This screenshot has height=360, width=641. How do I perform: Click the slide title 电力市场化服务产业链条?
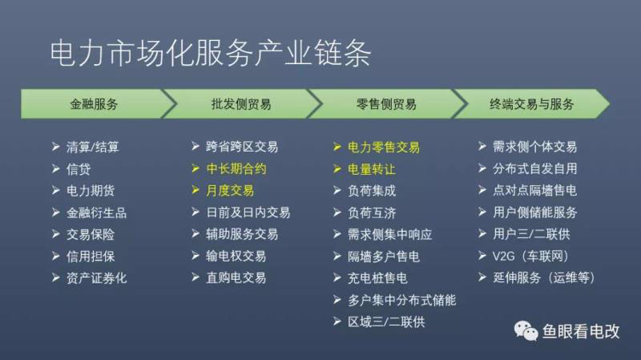(211, 54)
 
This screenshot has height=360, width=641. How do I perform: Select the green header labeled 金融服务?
(95, 104)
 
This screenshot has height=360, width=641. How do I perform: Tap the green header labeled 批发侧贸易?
(241, 104)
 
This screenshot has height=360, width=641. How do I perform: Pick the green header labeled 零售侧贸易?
(386, 104)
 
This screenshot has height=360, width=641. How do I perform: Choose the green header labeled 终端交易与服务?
(531, 104)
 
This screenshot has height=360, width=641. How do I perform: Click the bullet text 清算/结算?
(92, 148)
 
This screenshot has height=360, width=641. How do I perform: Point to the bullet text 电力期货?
(91, 191)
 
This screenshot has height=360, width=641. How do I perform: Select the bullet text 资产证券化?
(96, 278)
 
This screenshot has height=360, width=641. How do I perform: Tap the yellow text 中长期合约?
(236, 169)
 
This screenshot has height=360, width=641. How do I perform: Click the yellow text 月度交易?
(230, 191)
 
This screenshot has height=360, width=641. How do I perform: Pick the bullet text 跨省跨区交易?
(242, 147)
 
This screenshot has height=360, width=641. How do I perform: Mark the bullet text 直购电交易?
(236, 278)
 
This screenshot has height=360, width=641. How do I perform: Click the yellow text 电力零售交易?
(384, 148)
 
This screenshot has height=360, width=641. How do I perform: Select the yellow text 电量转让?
(372, 169)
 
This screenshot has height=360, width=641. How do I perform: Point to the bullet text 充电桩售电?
(377, 278)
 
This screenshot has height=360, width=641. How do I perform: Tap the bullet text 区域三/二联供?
(386, 322)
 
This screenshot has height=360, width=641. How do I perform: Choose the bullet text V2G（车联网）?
(530, 257)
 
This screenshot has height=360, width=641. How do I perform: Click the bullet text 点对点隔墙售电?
(534, 191)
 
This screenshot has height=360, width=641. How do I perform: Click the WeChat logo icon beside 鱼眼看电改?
(526, 330)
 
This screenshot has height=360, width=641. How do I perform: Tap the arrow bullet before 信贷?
(56, 168)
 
